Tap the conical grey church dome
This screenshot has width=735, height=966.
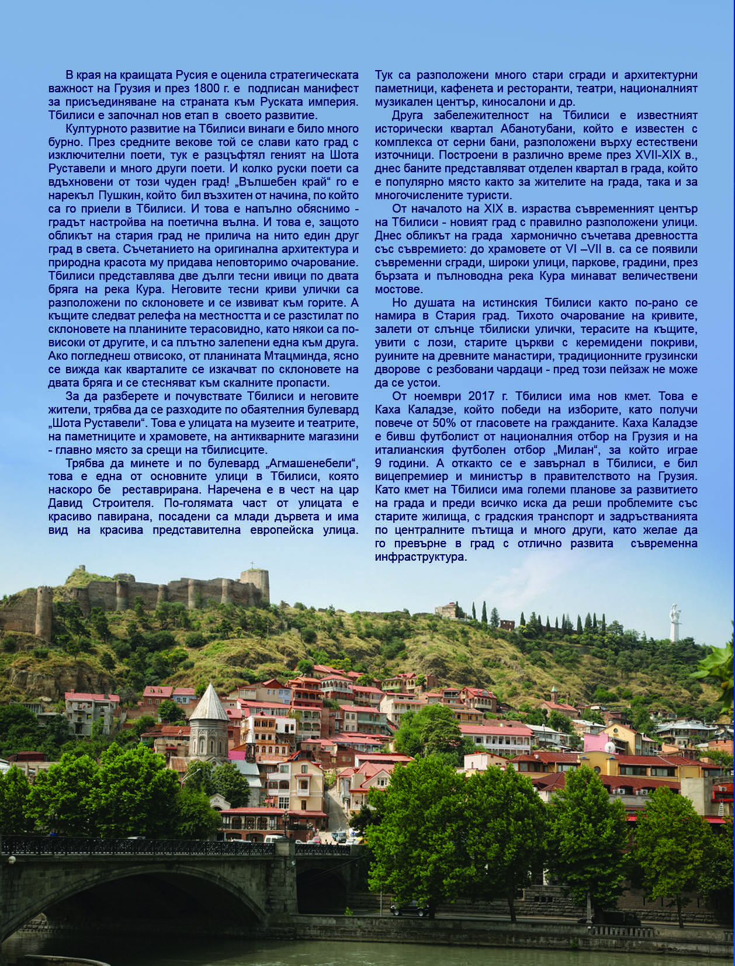click(x=209, y=704)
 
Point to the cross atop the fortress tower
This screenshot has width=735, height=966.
click(x=253, y=565)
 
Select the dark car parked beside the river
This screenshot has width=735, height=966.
click(x=410, y=909)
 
